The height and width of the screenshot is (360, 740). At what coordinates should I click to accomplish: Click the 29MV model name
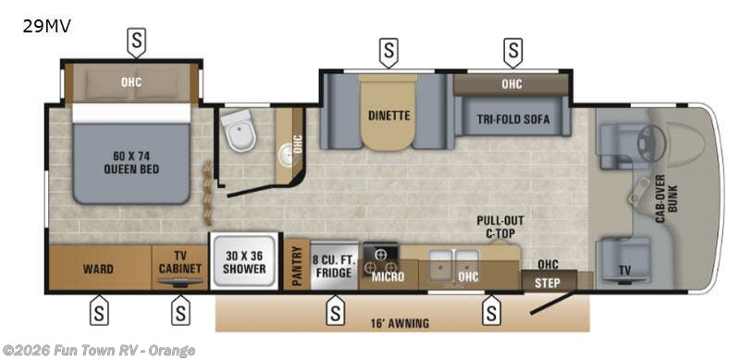(x=46, y=26)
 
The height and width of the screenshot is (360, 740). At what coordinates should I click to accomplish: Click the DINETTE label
(x=388, y=116)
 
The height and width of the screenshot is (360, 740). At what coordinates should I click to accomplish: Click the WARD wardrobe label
(x=99, y=269)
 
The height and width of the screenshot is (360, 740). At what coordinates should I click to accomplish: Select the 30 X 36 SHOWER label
(x=244, y=263)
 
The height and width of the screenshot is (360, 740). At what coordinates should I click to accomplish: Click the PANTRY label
(x=297, y=266)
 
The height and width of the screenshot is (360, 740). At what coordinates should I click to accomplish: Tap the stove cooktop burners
(x=381, y=254)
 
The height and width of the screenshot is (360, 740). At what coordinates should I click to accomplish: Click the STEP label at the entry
(x=548, y=282)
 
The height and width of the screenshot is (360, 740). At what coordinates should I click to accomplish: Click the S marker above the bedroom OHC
(x=136, y=40)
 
